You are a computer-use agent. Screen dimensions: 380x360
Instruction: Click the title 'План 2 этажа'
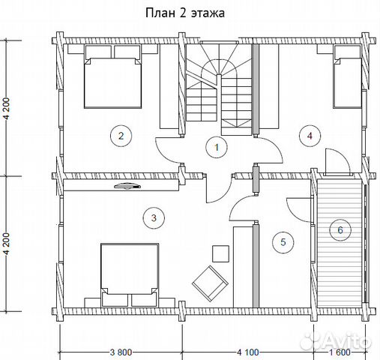click(x=185, y=13)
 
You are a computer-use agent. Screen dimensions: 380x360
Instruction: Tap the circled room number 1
click(x=217, y=147)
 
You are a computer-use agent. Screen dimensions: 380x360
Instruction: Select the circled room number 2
click(x=121, y=136)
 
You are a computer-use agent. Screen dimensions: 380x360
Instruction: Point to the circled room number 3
click(x=154, y=217)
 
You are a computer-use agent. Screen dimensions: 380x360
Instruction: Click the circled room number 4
click(x=310, y=136)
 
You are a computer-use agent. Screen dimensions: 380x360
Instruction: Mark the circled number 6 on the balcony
click(x=340, y=230)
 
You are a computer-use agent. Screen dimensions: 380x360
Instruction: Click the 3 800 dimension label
click(x=121, y=352)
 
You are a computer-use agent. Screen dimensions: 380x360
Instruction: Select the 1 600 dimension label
click(x=340, y=352)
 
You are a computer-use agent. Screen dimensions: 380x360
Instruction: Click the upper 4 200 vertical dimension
click(x=7, y=109)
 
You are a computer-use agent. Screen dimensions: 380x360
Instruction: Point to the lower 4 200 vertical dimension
click(x=7, y=244)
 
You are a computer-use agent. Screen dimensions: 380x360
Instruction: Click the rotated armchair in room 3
click(x=210, y=283)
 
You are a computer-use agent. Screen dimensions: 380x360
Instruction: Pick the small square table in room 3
click(x=220, y=253)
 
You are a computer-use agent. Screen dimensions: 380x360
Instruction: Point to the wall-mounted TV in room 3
click(x=127, y=186)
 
